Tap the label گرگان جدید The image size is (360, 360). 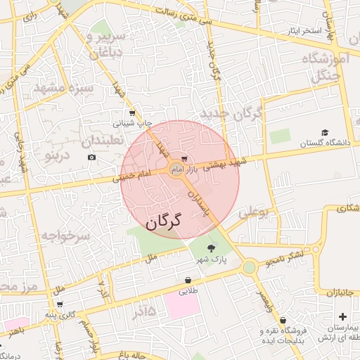[x=231, y=113]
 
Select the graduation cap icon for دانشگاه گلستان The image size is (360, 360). [x=325, y=132]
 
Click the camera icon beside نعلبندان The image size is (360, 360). [x=91, y=157]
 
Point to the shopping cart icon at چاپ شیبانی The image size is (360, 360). [x=131, y=112]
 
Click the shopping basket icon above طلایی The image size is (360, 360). [x=188, y=280]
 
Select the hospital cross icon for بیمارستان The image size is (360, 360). [x=342, y=317]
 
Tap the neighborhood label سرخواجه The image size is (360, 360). [x=65, y=236]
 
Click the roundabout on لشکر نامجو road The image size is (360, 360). [x=249, y=267]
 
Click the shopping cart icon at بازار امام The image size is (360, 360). [x=184, y=158]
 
